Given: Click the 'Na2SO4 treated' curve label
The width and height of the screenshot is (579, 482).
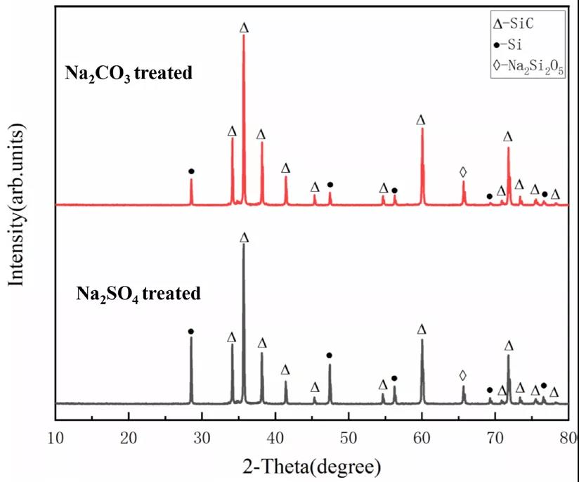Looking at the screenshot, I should [x=138, y=293].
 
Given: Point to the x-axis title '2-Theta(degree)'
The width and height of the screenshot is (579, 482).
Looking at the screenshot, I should [x=312, y=465].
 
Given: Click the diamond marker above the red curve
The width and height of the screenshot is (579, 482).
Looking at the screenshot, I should [x=462, y=171].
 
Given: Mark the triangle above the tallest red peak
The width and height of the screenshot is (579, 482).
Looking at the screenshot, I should [x=244, y=28].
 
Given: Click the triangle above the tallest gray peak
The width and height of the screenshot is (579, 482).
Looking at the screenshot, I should [x=244, y=237].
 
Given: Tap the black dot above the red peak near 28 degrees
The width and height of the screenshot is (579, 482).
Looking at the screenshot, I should [x=191, y=171].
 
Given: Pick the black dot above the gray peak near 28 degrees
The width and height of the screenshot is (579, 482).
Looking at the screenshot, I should [x=190, y=331].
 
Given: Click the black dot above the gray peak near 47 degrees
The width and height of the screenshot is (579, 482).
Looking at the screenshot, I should [x=329, y=355].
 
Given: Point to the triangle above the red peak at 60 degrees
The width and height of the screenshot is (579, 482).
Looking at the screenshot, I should [x=421, y=120].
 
